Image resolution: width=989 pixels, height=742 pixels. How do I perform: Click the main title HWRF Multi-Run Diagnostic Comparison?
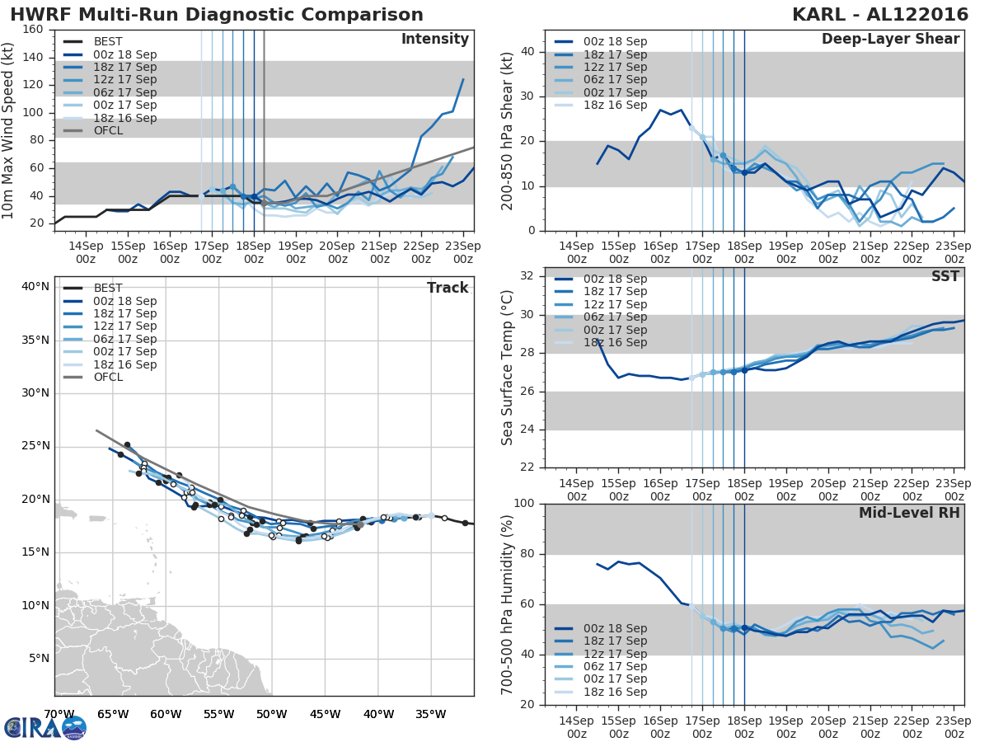click(x=217, y=15)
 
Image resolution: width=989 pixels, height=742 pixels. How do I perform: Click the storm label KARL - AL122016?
click(x=877, y=15)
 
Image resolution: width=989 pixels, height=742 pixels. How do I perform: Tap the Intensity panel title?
click(x=434, y=40)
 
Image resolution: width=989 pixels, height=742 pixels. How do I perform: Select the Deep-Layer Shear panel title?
click(x=890, y=40)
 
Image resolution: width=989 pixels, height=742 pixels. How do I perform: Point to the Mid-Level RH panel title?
click(x=909, y=513)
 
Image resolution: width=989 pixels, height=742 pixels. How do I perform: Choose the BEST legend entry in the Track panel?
click(x=108, y=288)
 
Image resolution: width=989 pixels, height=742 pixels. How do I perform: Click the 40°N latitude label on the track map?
click(x=35, y=287)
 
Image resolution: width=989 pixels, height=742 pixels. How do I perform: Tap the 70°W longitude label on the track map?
click(x=59, y=714)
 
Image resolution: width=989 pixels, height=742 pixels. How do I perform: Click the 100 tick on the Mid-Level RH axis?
click(x=523, y=503)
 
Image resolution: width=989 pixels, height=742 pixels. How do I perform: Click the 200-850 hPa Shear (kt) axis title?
click(x=508, y=131)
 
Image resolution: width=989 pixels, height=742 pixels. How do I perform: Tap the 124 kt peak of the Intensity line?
click(x=463, y=79)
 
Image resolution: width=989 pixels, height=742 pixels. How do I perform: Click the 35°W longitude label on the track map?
click(x=430, y=714)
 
